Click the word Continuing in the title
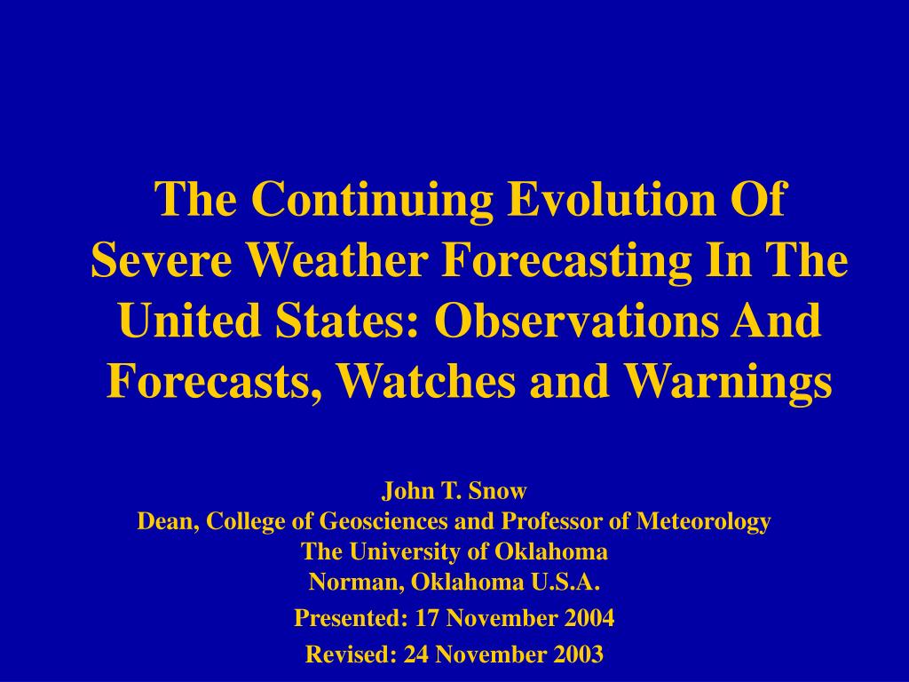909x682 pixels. [x=372, y=201]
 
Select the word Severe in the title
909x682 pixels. [x=162, y=260]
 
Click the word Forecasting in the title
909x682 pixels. [x=566, y=262]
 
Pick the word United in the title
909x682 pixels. [x=191, y=321]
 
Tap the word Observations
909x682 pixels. [x=575, y=321]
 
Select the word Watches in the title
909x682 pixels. [x=425, y=382]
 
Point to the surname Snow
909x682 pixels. [x=497, y=490]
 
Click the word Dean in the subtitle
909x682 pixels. [x=169, y=520]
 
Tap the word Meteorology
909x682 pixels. [x=704, y=522]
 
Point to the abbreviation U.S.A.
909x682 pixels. [x=565, y=582]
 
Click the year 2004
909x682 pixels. [x=589, y=618]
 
